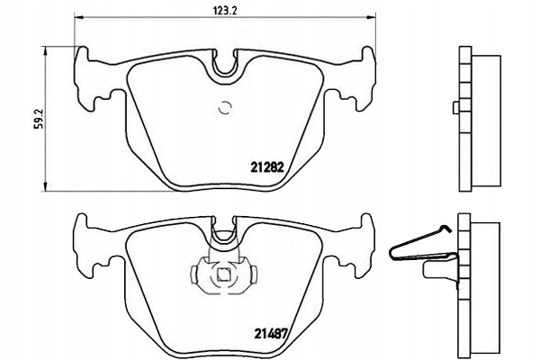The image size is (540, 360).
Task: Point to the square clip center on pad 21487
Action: (x=220, y=275)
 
